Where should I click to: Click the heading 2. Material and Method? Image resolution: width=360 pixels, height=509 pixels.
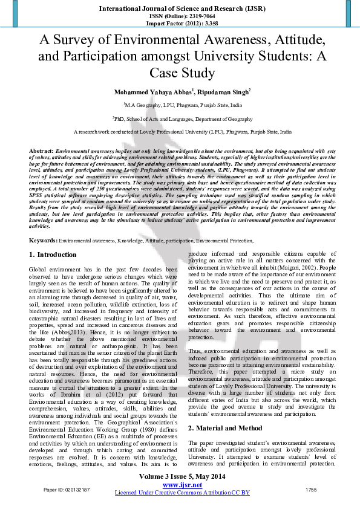[x=226, y=411]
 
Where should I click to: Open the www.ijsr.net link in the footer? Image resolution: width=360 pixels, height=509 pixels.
[x=182, y=485]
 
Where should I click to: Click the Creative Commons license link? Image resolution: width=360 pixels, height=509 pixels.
[x=182, y=493]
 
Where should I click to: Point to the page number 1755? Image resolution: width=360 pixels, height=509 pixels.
[x=311, y=488]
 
